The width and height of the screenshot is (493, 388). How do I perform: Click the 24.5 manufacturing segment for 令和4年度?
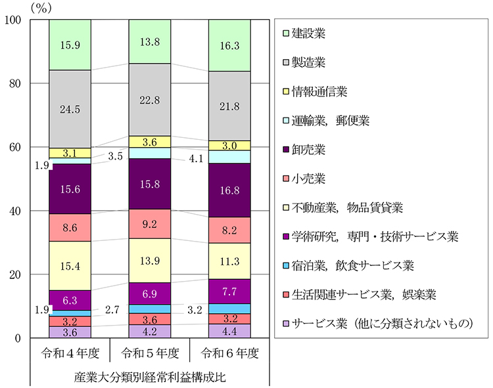tap(69, 109)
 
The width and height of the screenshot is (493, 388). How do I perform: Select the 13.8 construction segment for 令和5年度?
tap(150, 41)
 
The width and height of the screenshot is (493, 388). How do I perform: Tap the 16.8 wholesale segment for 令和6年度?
tap(229, 190)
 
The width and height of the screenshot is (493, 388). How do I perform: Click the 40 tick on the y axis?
tap(16, 211)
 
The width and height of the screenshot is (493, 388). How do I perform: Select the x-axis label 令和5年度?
tap(150, 354)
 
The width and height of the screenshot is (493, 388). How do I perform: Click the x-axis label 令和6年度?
tap(229, 354)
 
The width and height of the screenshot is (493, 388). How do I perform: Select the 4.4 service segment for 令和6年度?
tap(229, 331)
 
